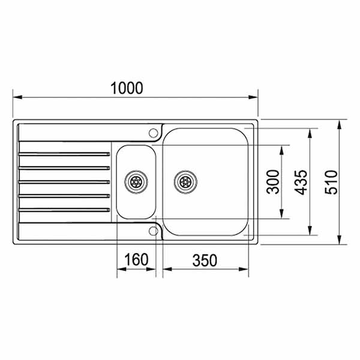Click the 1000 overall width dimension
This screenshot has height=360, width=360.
[127, 88]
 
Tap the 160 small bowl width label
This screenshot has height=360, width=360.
[136, 260]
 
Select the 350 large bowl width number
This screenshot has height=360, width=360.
[205, 260]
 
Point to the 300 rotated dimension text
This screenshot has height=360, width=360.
[273, 182]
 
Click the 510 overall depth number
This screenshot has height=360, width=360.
[331, 182]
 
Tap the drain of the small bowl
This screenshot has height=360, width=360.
[136, 181]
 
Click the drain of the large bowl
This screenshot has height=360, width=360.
[185, 181]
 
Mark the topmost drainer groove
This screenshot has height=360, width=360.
[65, 154]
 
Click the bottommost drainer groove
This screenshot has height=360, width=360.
[65, 209]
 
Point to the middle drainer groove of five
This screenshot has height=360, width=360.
[65, 181]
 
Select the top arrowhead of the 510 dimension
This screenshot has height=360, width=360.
[340, 124]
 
